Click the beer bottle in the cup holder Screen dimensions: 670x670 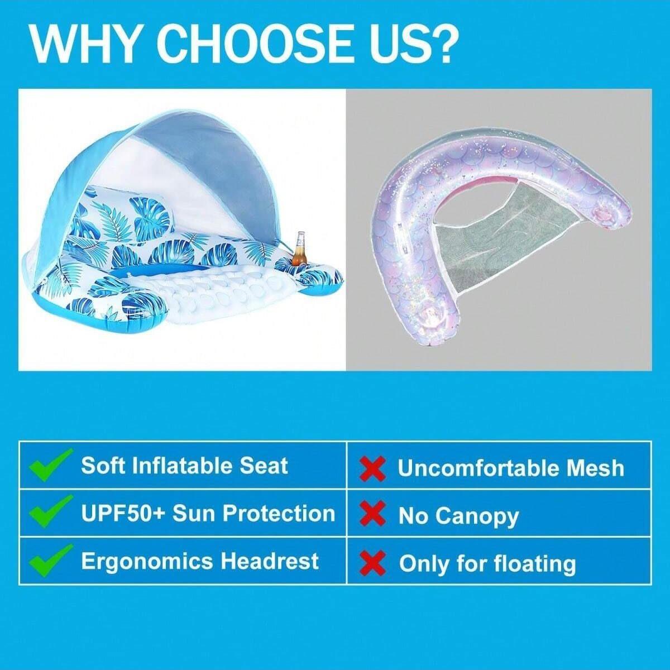300,249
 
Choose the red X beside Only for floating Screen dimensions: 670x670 373,563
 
